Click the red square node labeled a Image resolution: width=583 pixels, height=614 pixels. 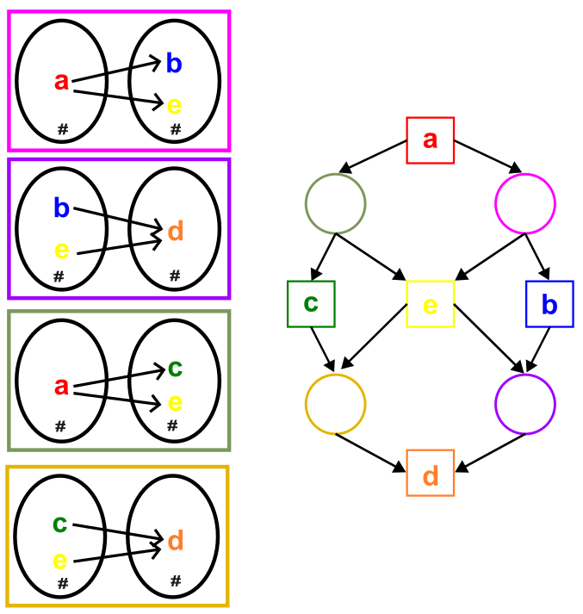pos(430,140)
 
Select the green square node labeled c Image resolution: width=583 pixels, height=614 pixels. pos(311,304)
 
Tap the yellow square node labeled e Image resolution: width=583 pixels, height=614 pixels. pos(430,304)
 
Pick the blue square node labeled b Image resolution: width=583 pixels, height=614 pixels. pos(549,304)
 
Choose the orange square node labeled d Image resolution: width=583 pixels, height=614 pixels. pos(430,473)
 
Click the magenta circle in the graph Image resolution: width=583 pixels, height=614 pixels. pos(525,174)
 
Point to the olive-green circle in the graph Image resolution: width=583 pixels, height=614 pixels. pos(336,174)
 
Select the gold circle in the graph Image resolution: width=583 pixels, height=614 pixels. pos(336,375)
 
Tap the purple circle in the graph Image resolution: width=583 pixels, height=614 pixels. pos(525,375)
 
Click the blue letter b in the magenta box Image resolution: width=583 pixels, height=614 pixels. pos(174,63)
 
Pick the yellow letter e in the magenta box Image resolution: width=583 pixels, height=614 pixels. pos(174,106)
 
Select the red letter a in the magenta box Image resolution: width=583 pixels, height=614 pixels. pos(61,82)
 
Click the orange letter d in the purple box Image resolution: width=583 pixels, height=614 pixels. pos(176,231)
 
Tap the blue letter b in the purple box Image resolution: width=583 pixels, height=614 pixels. pos(61,208)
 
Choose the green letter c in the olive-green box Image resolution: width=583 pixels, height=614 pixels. pos(175,369)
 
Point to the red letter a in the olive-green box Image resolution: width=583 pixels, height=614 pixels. pos(61,386)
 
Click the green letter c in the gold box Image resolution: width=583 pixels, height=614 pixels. pos(60,524)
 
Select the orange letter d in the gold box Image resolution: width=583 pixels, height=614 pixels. pos(176,541)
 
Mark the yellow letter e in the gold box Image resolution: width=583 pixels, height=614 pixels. pos(60,561)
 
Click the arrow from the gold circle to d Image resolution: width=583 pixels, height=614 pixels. pos(370,453)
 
